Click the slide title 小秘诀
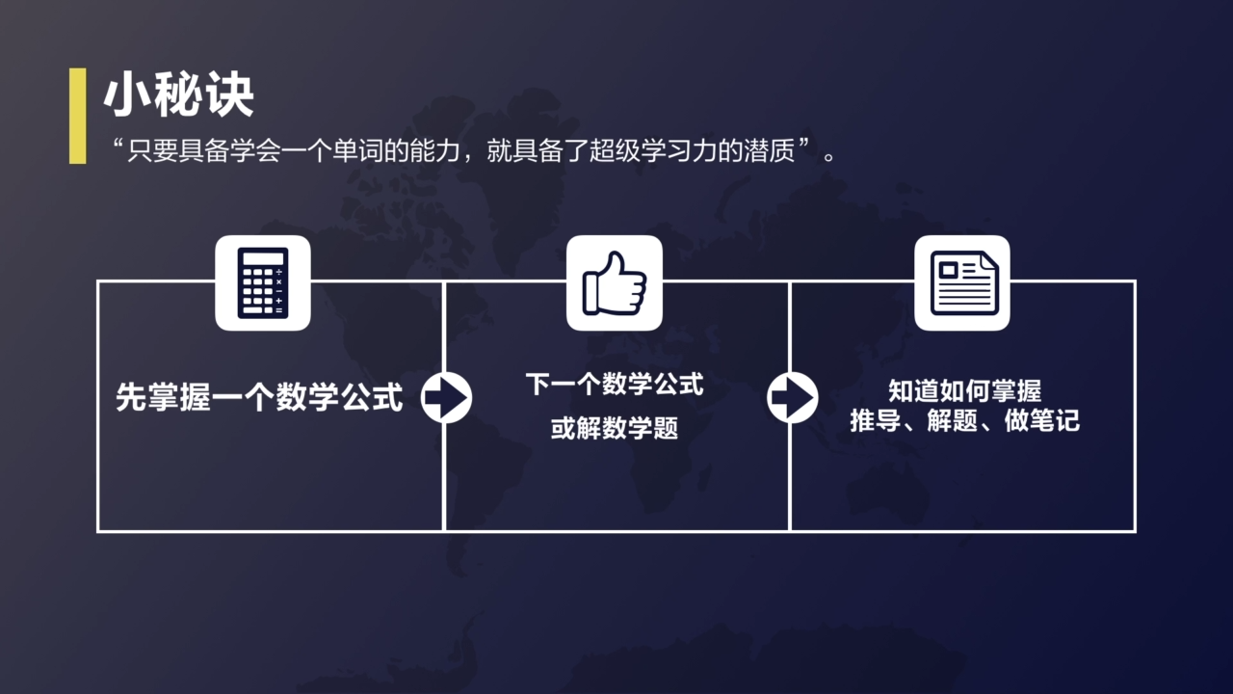pyautogui.click(x=178, y=96)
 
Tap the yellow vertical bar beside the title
pyautogui.click(x=77, y=116)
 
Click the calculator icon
pyautogui.click(x=262, y=282)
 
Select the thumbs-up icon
pyautogui.click(x=615, y=282)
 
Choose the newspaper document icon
pyautogui.click(x=961, y=282)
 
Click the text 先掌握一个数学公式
pyautogui.click(x=259, y=397)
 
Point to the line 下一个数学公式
pyautogui.click(x=615, y=385)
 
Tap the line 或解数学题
pyautogui.click(x=615, y=428)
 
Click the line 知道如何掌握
pyautogui.click(x=964, y=390)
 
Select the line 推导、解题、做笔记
pyautogui.click(x=964, y=421)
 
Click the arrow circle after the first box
pyautogui.click(x=446, y=397)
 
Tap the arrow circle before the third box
pyautogui.click(x=792, y=397)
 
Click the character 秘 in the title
pyautogui.click(x=178, y=96)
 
